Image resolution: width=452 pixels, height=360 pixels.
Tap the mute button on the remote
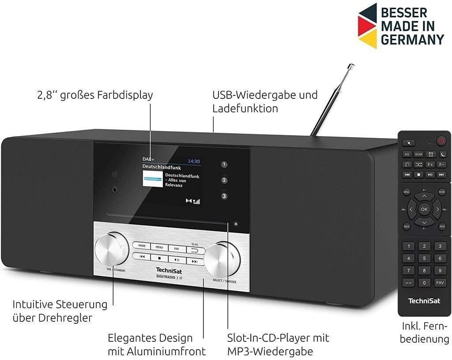[x=409, y=142]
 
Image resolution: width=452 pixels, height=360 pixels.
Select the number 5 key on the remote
[x=424, y=259]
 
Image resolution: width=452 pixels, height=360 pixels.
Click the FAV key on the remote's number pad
[x=440, y=282]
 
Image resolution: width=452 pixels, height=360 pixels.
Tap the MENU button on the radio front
[x=159, y=247]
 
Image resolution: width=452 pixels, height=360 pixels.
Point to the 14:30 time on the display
[x=194, y=161]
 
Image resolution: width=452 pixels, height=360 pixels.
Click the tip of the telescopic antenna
[x=351, y=66]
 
